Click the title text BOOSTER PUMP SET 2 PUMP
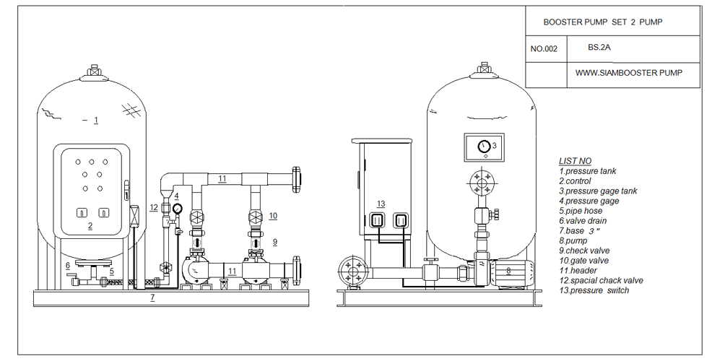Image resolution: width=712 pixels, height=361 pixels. click(602, 22)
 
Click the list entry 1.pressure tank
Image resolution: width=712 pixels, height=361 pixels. click(587, 171)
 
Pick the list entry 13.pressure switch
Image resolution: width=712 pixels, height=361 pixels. click(594, 290)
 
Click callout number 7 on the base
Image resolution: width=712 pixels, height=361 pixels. click(152, 297)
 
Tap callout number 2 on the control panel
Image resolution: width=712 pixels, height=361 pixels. click(90, 226)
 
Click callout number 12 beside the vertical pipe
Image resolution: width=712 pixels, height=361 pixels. click(153, 207)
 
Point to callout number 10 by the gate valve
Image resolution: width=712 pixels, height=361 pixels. click(273, 215)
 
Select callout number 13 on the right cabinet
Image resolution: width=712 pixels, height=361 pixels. click(381, 204)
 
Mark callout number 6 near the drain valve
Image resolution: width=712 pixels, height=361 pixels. click(67, 266)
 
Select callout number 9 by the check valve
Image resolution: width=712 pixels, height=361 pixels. click(274, 241)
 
